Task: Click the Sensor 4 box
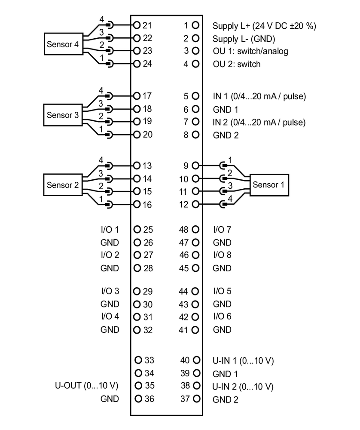[63, 45]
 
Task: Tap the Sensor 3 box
[63, 115]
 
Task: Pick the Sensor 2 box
[63, 185]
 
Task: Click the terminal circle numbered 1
[196, 25]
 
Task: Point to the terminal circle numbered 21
[137, 25]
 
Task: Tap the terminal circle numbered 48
[196, 230]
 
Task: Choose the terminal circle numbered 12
[196, 204]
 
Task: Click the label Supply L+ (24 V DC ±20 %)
[264, 26]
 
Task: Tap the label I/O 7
[222, 230]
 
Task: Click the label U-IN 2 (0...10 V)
[243, 386]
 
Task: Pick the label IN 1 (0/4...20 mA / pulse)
[259, 96]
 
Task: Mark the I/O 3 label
[110, 291]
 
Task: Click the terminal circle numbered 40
[196, 360]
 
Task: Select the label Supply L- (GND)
[244, 39]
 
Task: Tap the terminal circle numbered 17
[137, 96]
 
